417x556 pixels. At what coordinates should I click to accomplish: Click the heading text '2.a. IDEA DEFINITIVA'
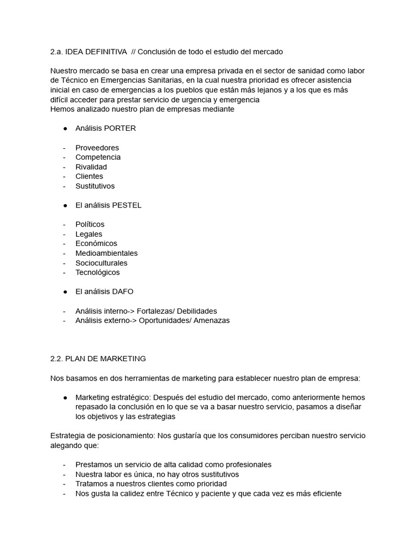89,52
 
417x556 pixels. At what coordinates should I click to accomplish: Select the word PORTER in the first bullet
119,128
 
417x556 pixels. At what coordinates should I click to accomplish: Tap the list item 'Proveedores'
97,148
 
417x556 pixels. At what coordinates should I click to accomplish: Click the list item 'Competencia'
98,157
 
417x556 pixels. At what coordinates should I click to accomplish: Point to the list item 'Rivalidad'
91,167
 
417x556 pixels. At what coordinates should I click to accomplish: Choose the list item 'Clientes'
89,176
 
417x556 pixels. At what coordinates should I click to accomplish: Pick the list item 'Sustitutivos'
95,186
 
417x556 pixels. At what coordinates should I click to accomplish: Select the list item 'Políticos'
90,224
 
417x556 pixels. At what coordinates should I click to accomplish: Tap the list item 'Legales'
89,234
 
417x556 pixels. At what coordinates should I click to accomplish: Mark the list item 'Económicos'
96,243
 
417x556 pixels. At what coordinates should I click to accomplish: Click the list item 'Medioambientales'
106,253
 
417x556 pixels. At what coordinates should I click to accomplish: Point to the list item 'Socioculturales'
102,263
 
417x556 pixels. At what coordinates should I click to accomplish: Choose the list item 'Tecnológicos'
98,272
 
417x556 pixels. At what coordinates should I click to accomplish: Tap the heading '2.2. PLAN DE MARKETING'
98,358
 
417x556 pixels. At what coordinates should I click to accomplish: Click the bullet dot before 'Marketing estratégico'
65,397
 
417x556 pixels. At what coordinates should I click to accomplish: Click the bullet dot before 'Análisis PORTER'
65,128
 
